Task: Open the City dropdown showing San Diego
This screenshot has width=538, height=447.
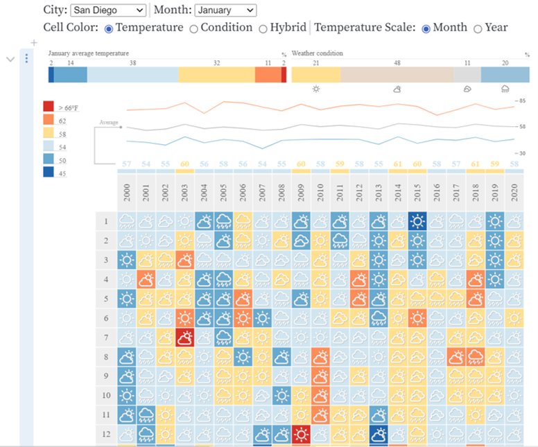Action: [108, 10]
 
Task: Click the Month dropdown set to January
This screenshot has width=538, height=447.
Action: [225, 10]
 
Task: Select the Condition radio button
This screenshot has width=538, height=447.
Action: [193, 28]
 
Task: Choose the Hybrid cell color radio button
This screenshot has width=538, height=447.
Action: [263, 28]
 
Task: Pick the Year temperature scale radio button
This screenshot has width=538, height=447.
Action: [478, 28]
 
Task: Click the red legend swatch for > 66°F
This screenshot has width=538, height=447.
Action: [49, 107]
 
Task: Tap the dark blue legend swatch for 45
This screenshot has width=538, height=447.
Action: [49, 173]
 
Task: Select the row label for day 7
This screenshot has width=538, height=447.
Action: [106, 338]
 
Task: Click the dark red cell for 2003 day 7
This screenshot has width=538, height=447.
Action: [184, 338]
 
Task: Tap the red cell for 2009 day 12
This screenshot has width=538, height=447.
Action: [301, 435]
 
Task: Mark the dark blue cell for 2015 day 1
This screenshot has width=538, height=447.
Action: [417, 221]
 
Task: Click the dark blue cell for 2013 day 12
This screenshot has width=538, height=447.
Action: [378, 435]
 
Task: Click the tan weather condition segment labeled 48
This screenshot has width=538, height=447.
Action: [397, 75]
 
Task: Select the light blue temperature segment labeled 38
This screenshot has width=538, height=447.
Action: [132, 75]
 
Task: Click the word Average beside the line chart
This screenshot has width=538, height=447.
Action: [109, 123]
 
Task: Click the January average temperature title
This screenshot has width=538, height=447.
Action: [88, 53]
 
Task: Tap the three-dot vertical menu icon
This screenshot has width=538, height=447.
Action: [26, 59]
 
